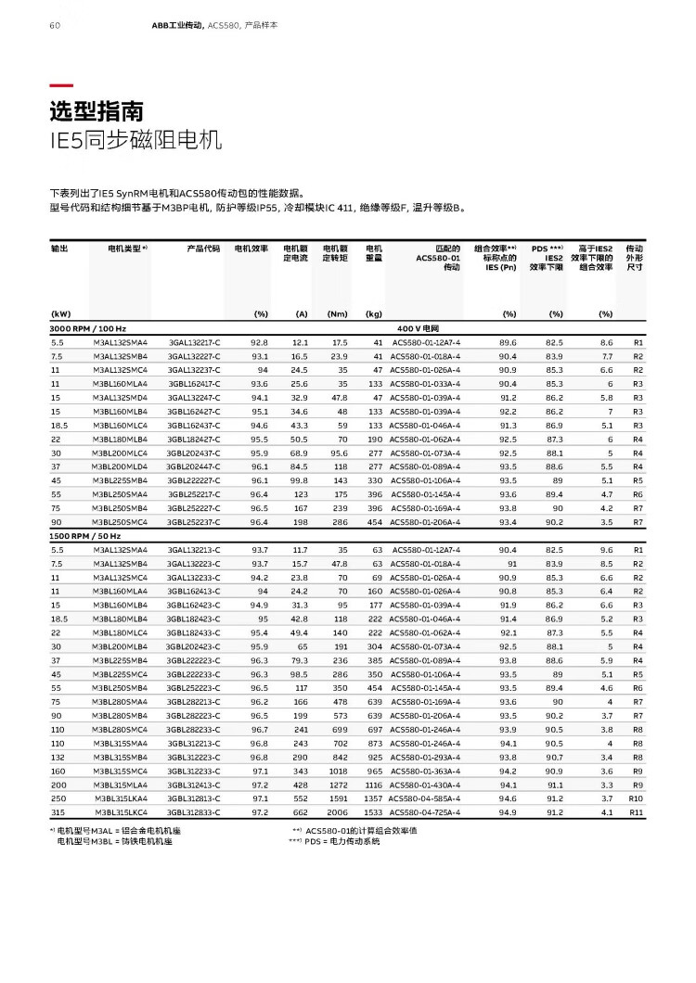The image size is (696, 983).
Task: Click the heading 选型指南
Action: click(x=97, y=112)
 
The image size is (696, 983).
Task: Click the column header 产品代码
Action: click(x=203, y=249)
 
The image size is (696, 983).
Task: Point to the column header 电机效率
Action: click(x=251, y=249)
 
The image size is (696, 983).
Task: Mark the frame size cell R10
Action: click(x=636, y=798)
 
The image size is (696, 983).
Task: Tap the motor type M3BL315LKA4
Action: click(x=122, y=798)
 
